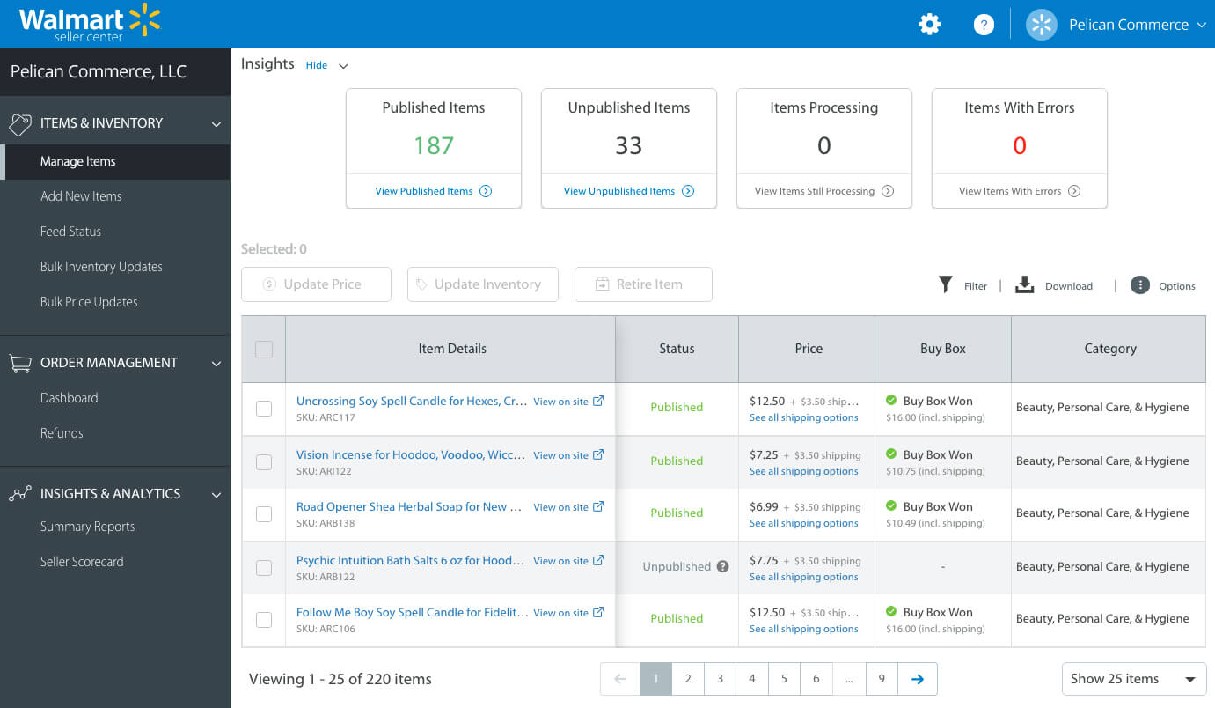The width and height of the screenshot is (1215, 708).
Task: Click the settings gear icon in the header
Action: coord(929,25)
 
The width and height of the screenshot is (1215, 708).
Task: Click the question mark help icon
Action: coord(984,25)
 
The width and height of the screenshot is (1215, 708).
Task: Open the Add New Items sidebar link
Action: coord(81,196)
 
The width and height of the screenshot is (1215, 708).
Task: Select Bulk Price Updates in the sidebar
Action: coord(89,302)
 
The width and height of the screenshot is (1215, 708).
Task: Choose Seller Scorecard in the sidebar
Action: coord(82,562)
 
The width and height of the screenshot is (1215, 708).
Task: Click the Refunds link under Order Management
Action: coord(62,433)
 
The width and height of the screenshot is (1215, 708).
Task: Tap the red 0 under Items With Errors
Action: coord(1019,146)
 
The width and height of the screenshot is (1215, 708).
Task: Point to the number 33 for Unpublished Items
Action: coord(628,146)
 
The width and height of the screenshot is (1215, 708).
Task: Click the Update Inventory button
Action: coord(482,284)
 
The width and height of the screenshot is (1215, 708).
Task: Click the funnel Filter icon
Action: coord(946,284)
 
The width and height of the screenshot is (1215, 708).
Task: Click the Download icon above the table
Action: coord(1024,284)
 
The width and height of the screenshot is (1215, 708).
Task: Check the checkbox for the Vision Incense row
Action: coord(264,461)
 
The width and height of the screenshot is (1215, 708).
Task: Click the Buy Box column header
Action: coord(942,349)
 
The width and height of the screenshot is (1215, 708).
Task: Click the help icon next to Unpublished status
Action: coord(723,566)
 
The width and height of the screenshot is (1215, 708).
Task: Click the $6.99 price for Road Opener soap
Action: coord(764,507)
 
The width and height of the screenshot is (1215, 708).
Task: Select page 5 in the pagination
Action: coord(783,679)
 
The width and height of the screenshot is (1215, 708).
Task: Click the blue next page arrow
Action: coord(917,679)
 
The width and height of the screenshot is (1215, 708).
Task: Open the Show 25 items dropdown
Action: coord(1133,679)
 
